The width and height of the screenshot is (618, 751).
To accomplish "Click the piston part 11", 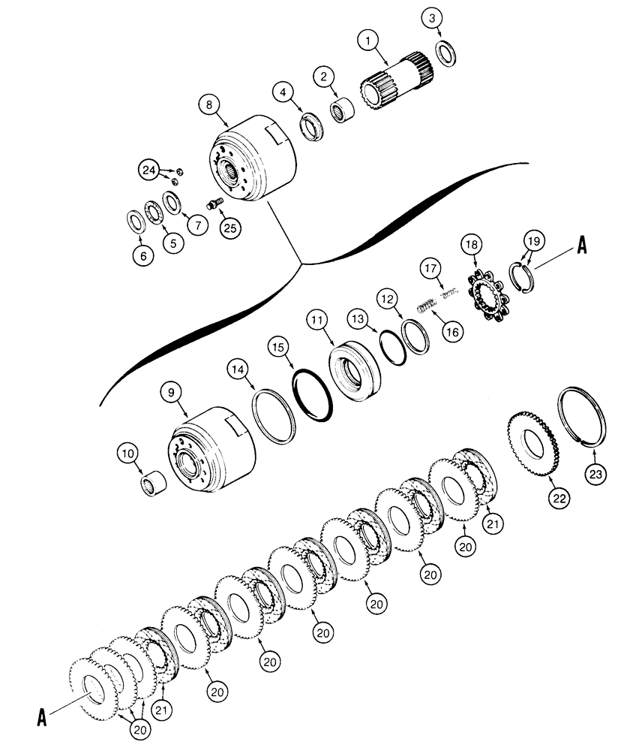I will pos(355,369).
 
